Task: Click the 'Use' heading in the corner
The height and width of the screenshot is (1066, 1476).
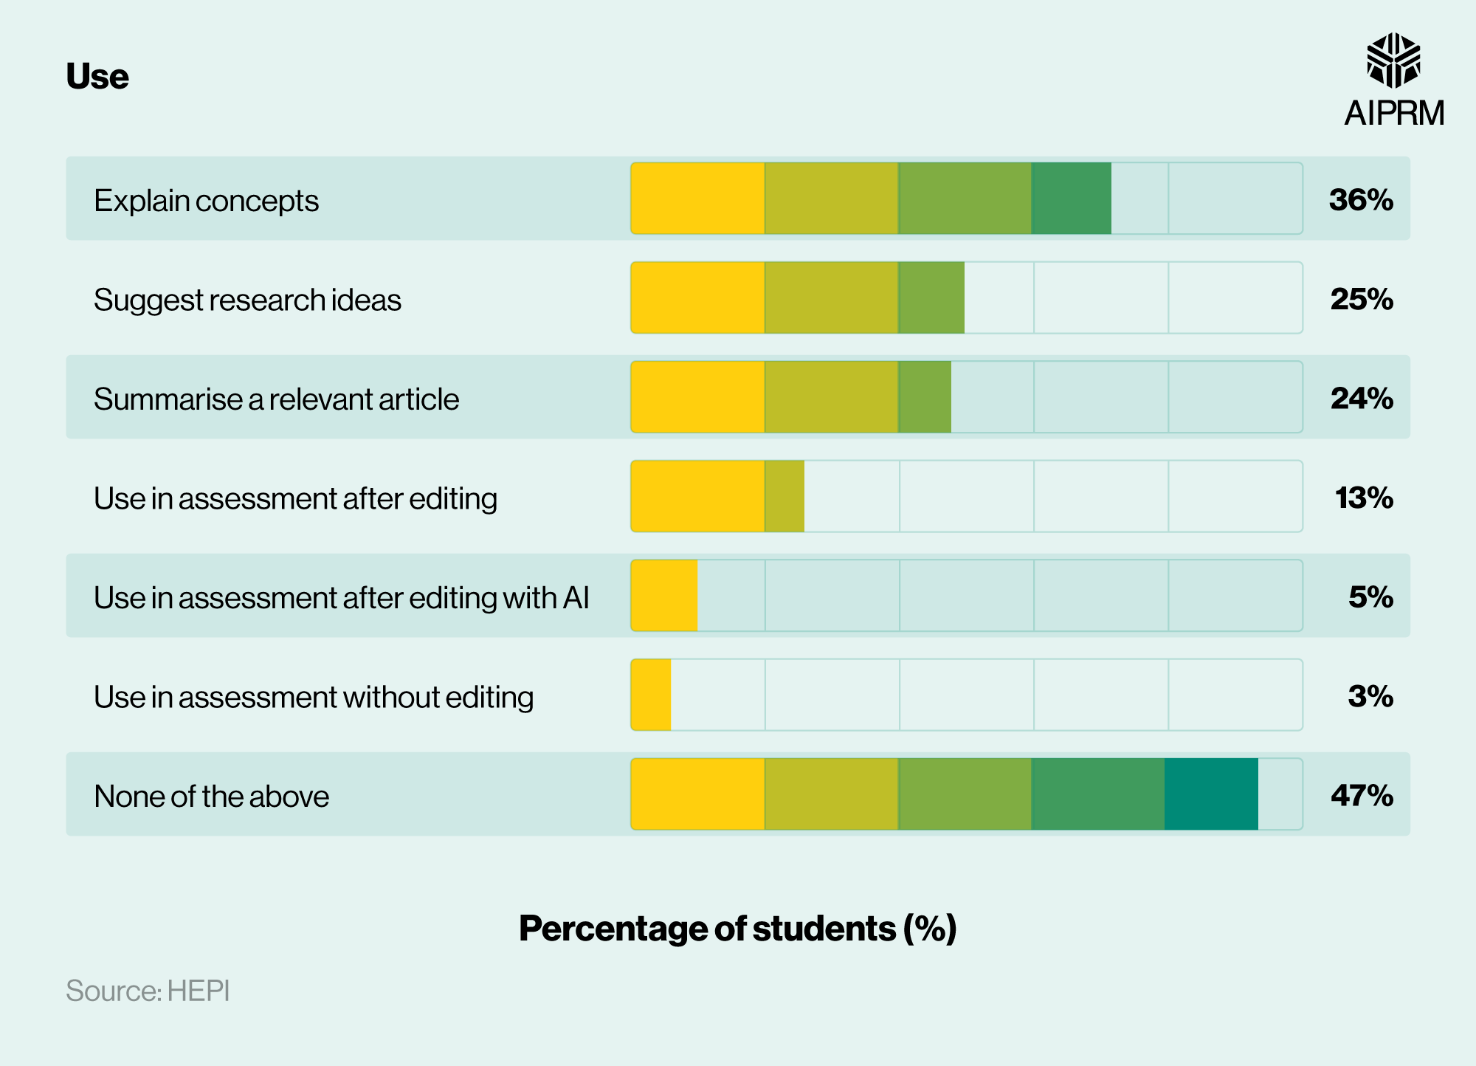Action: (97, 76)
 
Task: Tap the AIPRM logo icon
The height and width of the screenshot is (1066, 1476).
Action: (1393, 60)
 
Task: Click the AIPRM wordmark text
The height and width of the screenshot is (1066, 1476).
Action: (1393, 114)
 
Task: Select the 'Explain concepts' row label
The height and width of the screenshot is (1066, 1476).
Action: (206, 201)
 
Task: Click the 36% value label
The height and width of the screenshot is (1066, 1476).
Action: (1360, 200)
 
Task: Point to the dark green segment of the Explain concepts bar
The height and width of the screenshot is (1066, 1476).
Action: (1071, 199)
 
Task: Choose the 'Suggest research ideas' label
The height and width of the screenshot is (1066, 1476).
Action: (247, 300)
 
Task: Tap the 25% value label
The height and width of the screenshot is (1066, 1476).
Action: (1361, 299)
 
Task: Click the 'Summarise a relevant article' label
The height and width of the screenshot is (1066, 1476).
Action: (276, 399)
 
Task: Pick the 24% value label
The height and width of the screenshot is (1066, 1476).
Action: (1361, 399)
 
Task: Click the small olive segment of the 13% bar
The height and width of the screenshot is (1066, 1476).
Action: (784, 496)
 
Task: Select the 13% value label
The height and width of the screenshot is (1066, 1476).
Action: (1363, 498)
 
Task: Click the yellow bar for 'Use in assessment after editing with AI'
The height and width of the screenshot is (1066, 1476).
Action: (664, 596)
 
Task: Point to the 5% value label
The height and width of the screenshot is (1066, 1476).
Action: (1370, 596)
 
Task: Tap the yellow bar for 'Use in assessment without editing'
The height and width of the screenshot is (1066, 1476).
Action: (651, 695)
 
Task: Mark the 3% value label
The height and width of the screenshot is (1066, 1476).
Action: (1370, 696)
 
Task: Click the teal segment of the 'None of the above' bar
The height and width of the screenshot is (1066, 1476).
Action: (1211, 794)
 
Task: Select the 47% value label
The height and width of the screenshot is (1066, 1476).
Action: (1361, 795)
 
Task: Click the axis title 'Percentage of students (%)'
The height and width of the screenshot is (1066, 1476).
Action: (737, 928)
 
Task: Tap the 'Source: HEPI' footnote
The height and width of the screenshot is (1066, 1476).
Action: (148, 991)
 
